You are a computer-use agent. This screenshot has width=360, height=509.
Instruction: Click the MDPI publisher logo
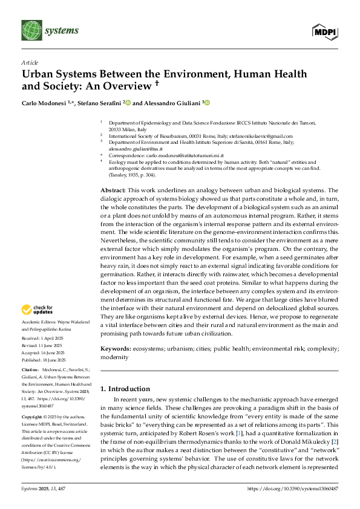[326, 31]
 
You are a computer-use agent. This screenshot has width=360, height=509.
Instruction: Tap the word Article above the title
[28, 62]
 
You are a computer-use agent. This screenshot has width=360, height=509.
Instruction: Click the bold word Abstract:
[114, 190]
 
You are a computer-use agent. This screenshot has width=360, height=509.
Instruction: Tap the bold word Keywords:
[116, 349]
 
